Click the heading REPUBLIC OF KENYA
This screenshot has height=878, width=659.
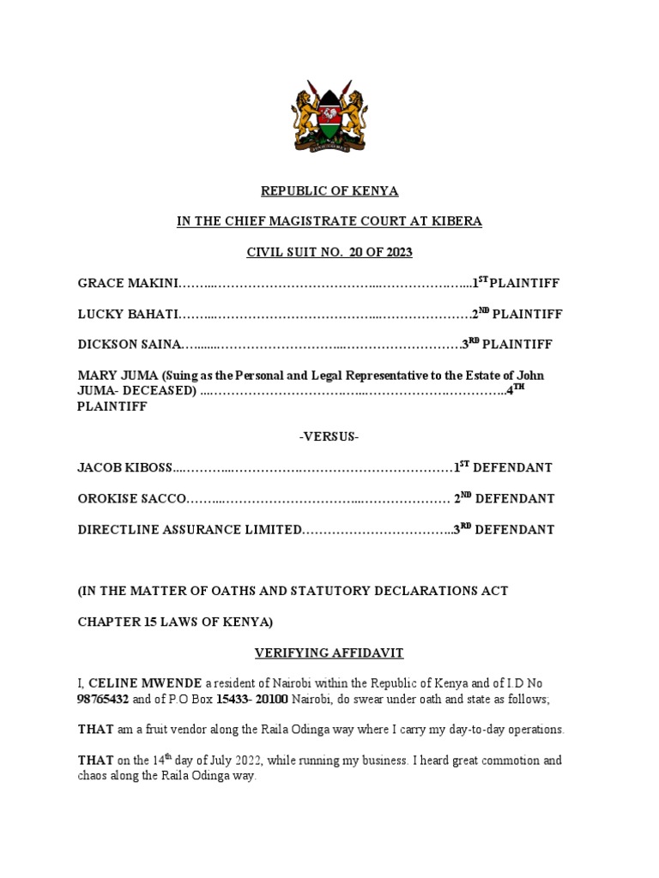click(x=329, y=190)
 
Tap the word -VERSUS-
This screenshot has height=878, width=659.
click(x=329, y=437)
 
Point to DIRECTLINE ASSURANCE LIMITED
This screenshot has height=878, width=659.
click(x=190, y=530)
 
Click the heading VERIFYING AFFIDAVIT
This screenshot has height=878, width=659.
click(x=329, y=653)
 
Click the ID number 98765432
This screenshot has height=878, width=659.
click(x=107, y=700)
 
